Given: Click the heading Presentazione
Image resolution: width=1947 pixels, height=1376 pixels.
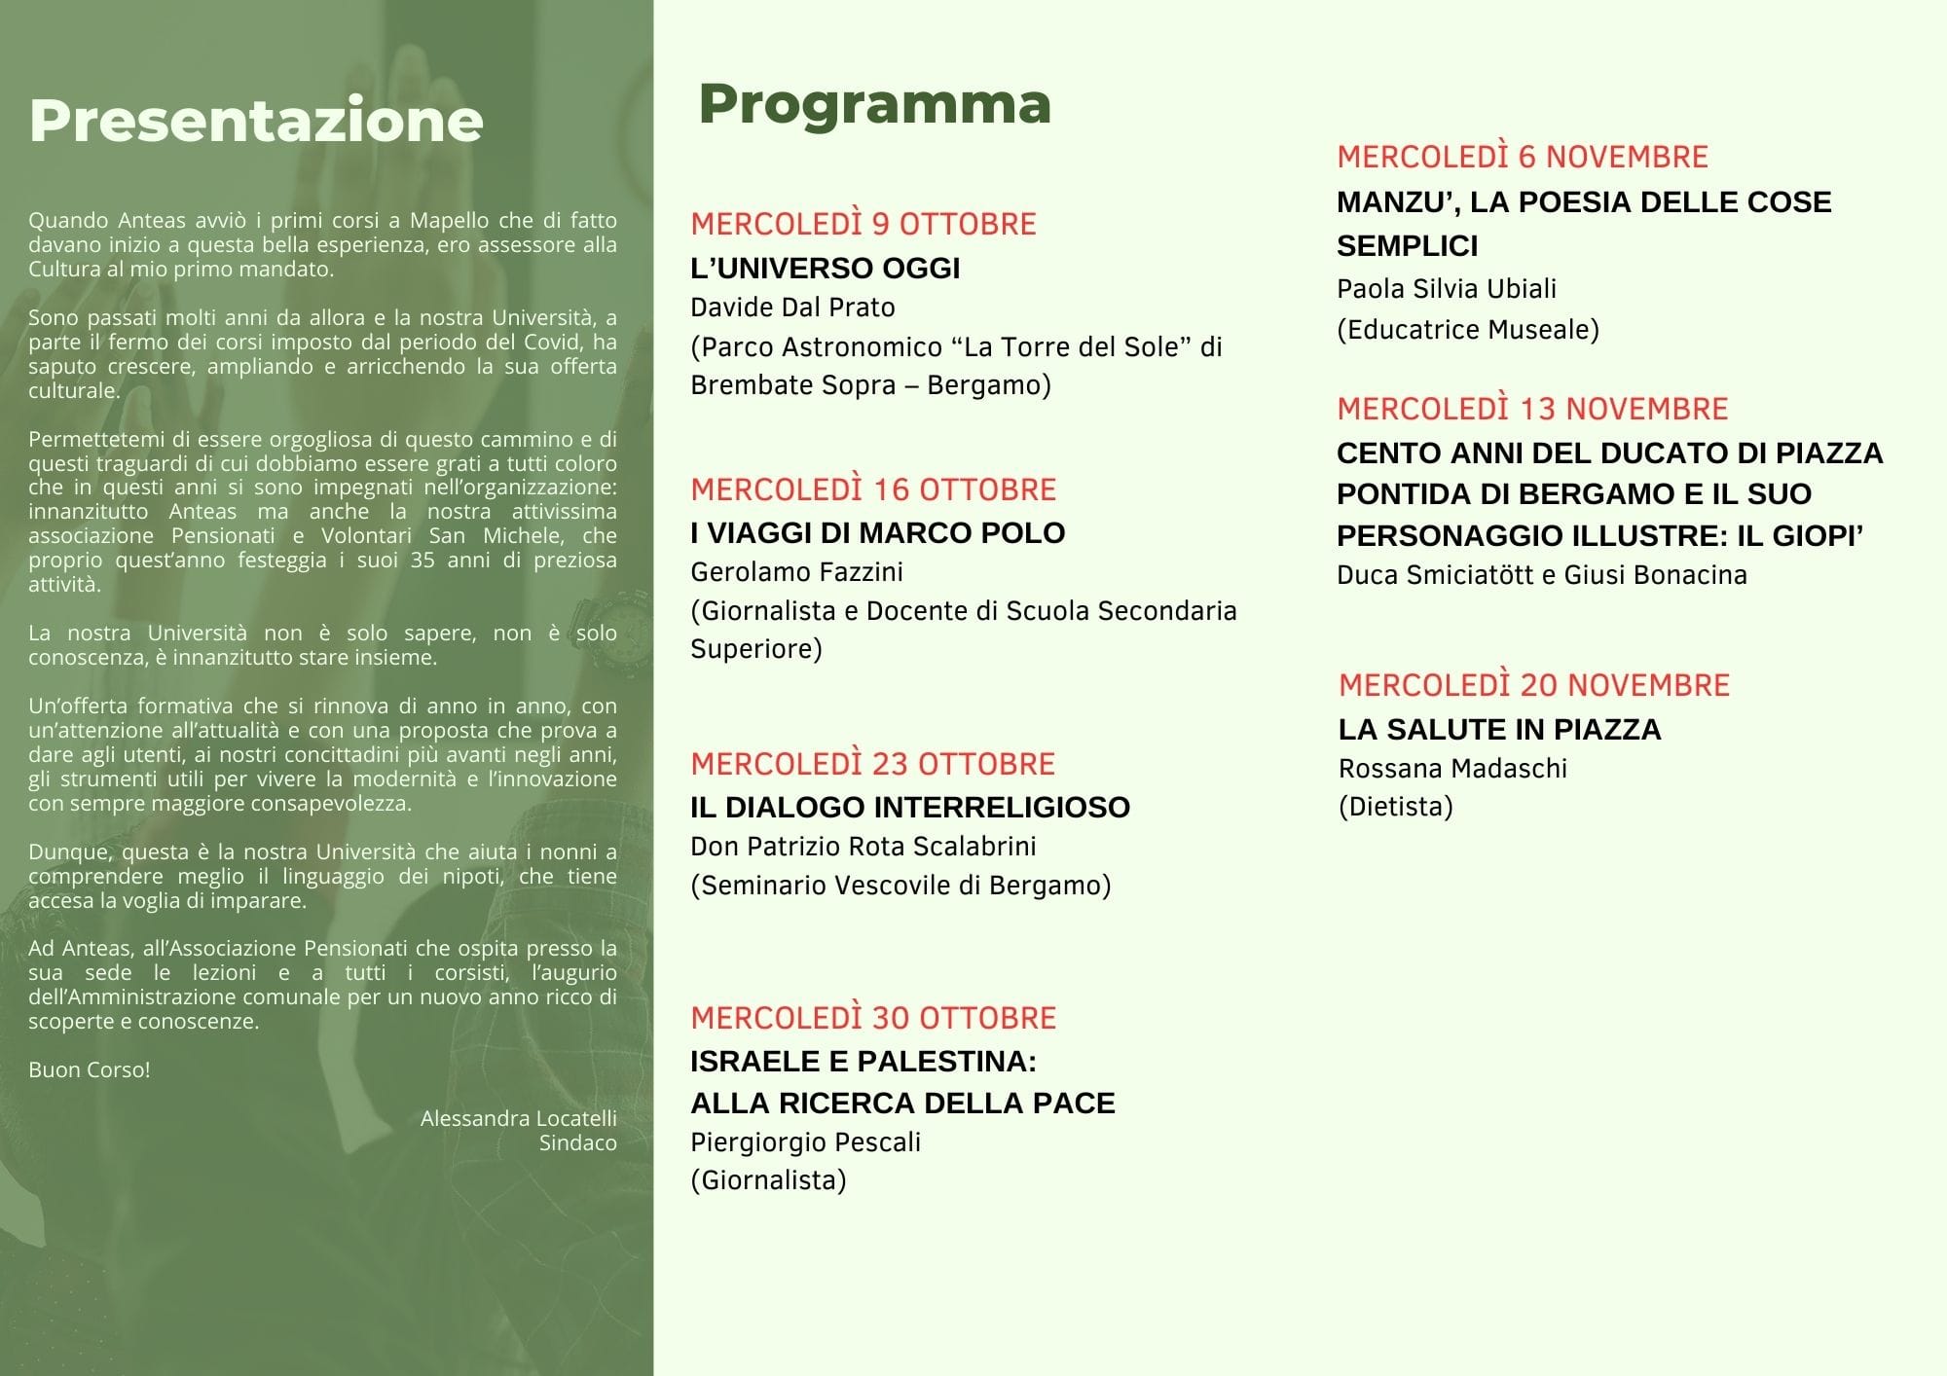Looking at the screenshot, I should click(x=256, y=121).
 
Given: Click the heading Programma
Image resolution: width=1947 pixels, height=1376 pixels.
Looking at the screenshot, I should click(x=874, y=104).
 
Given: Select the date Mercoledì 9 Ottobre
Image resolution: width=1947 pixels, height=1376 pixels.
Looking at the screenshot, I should click(x=863, y=224).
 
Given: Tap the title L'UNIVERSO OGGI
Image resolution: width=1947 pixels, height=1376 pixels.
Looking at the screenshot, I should click(x=825, y=269).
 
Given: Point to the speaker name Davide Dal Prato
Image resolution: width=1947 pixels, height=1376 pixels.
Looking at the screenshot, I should click(x=792, y=308).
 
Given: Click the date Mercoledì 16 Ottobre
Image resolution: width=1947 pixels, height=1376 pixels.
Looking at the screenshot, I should click(x=873, y=489).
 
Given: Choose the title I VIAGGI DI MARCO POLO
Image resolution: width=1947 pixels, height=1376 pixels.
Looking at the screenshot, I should click(x=877, y=533).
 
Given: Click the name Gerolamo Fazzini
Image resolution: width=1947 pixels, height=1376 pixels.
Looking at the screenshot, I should click(x=796, y=572).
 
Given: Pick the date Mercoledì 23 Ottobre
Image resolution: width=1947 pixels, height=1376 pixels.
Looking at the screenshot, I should click(x=872, y=764).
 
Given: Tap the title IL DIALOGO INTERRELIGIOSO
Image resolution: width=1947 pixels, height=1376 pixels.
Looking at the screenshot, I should click(x=909, y=808).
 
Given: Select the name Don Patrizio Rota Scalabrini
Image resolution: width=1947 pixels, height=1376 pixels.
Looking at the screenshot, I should click(x=863, y=847).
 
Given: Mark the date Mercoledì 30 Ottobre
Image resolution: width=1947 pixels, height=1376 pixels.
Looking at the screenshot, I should click(x=873, y=1018).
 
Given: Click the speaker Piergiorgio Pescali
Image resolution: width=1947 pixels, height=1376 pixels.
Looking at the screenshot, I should click(x=805, y=1142).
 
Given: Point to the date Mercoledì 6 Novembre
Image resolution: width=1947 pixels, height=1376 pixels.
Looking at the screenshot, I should click(x=1523, y=157).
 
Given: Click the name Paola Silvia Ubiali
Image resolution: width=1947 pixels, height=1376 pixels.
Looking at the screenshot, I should click(x=1446, y=289).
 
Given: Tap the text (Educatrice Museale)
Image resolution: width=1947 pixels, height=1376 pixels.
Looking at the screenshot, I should click(x=1467, y=330).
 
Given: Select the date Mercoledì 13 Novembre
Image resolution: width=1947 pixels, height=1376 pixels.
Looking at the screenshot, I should click(x=1532, y=409).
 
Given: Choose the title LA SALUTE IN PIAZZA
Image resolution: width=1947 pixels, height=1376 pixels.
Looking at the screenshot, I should click(x=1499, y=730).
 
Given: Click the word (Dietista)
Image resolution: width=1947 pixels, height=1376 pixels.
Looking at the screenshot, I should click(x=1395, y=807).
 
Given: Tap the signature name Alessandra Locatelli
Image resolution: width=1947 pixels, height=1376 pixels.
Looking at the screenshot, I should click(x=518, y=1119).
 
